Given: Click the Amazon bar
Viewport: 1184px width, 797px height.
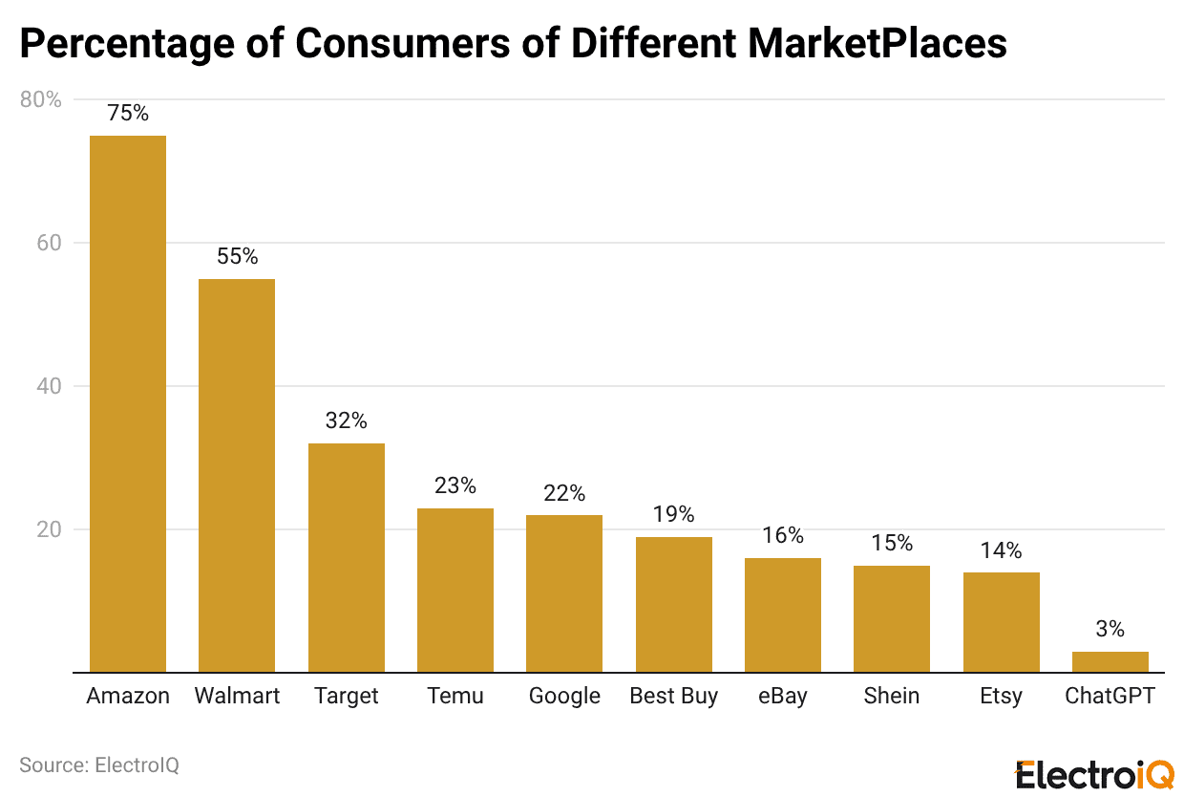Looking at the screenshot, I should coord(128,403).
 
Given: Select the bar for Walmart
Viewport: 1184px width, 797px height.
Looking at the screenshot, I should coord(237,475).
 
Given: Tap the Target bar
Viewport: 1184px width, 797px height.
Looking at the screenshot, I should coord(347,557).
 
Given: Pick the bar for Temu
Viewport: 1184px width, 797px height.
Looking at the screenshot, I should coord(455,590).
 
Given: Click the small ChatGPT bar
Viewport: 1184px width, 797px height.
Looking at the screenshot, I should coord(1110,662).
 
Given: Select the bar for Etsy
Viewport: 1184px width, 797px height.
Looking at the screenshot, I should coord(1001,622).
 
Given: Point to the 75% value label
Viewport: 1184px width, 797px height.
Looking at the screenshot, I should coord(128,113).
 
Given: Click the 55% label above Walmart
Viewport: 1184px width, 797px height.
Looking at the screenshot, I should coord(237,256).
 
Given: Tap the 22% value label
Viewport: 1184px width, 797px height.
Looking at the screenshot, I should coord(564,493).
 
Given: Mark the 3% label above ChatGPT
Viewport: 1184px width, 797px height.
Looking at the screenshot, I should coord(1110,629).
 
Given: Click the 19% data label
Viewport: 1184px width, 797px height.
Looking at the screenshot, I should coord(673,514).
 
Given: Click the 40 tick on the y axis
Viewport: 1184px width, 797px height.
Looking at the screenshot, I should coord(49,386).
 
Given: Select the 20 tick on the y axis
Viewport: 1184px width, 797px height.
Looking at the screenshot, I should coord(49,529).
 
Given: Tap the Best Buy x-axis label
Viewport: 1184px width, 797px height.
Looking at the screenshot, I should coord(673,696).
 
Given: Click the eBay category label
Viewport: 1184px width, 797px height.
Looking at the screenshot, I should coord(783,696).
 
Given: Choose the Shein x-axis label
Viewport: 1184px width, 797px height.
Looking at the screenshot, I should coord(892,696).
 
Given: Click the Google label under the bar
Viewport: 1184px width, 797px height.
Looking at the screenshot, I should coord(564,696).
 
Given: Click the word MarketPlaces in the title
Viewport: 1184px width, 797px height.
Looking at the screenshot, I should coord(877,43).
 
